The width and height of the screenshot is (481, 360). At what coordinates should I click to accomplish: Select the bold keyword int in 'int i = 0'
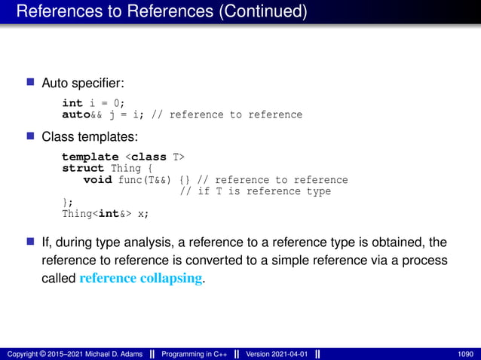pyautogui.click(x=72, y=103)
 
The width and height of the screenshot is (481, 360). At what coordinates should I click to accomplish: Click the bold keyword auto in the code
pyautogui.click(x=75, y=114)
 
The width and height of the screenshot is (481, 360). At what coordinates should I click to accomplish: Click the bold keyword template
pyautogui.click(x=90, y=157)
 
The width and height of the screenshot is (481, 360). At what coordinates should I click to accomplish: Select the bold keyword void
pyautogui.click(x=97, y=180)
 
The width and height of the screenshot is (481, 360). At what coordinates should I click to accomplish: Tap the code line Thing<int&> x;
pyautogui.click(x=105, y=213)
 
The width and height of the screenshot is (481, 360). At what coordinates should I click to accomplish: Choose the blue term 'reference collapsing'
pyautogui.click(x=140, y=278)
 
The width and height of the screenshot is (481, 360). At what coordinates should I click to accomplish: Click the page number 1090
pyautogui.click(x=465, y=353)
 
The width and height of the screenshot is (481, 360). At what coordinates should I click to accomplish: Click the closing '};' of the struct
pyautogui.click(x=67, y=202)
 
